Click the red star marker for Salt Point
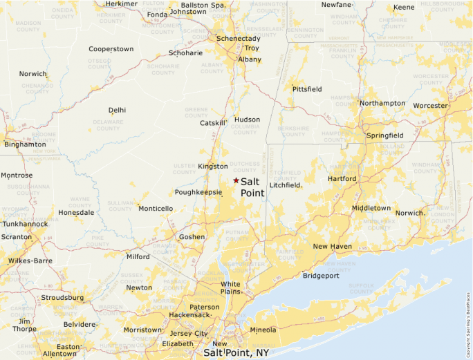pyautogui.click(x=236, y=180)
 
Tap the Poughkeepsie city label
pyautogui.click(x=197, y=193)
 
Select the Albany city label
pyautogui.click(x=250, y=60)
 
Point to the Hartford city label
pyautogui.click(x=342, y=179)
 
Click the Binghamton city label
pyautogui.click(x=26, y=144)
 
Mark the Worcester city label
pyautogui.click(x=430, y=106)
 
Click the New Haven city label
pyautogui.click(x=332, y=247)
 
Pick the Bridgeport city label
pyautogui.click(x=321, y=276)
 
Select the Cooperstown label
pyautogui.click(x=111, y=49)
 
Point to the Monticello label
pyautogui.click(x=155, y=208)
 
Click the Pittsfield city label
pyautogui.click(x=307, y=90)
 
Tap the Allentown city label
pyautogui.click(x=59, y=354)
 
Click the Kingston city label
pyautogui.click(x=212, y=167)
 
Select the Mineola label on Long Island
pyautogui.click(x=262, y=330)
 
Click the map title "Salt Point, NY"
pyautogui.click(x=236, y=352)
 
